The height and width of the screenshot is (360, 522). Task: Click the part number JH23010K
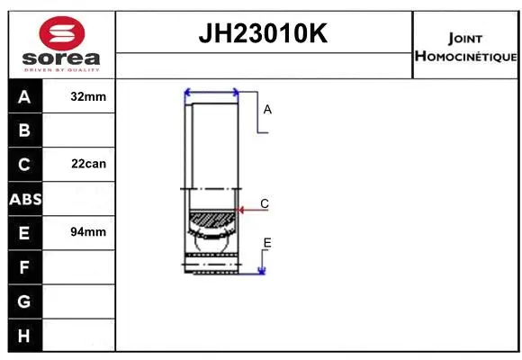coord(264,34)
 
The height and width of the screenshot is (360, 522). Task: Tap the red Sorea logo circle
coord(62,33)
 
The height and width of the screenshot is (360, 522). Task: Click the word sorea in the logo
coord(62,58)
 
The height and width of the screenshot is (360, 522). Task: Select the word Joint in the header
coord(463,38)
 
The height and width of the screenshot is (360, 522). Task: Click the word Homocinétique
coord(465,56)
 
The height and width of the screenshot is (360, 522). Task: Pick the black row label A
coord(24,97)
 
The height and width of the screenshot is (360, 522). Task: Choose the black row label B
coord(24,130)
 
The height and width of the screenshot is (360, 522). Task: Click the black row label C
coord(24,165)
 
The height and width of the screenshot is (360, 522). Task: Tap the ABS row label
coord(24,199)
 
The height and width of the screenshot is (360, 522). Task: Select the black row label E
coord(24,232)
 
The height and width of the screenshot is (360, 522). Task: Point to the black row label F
coord(24,266)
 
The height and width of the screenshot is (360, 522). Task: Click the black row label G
coord(24,301)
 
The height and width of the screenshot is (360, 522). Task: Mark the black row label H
coord(24,335)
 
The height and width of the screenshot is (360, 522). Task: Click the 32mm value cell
coord(87,97)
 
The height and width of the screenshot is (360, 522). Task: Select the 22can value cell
coord(87,165)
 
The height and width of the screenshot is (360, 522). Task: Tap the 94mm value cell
coord(87,232)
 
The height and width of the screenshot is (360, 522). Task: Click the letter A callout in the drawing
coord(267,109)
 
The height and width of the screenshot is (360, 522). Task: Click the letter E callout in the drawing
coord(267,243)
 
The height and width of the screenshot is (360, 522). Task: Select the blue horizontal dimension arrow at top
coord(211,92)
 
